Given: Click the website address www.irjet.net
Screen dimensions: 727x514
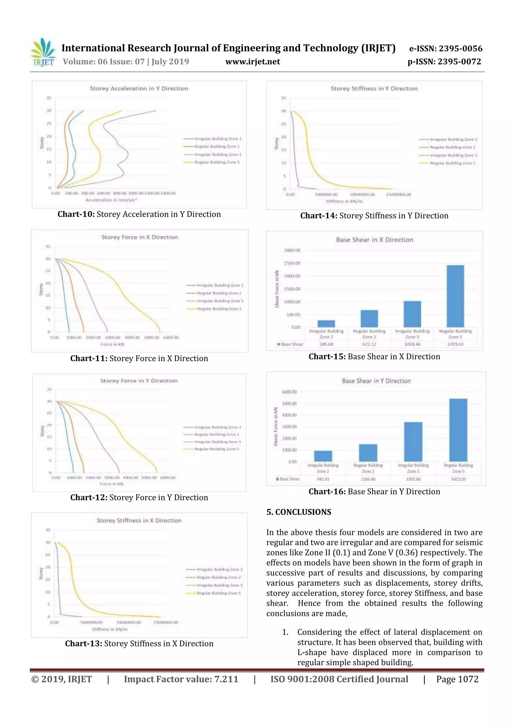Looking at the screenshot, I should (252, 62).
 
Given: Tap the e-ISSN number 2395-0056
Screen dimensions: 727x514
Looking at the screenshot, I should (460, 48).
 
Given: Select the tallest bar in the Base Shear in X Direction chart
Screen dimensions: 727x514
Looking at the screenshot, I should (455, 296).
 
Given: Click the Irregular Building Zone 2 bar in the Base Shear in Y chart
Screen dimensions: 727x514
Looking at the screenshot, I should (323, 456).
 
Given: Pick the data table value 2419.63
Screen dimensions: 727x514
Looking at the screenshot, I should (455, 344).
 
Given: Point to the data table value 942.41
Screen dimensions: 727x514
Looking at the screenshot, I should (323, 479).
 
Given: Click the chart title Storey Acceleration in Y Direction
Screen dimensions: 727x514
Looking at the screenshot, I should (139, 89).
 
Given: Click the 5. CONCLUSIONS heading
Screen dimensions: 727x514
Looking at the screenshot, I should (299, 512).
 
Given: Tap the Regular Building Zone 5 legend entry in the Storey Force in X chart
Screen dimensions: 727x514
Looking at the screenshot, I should (219, 309).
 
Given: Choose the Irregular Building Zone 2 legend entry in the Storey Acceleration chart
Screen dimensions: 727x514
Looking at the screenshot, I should (218, 139).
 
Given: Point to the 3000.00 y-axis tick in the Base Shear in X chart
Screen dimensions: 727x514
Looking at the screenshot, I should (292, 250).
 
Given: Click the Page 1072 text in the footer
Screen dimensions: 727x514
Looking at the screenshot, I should (457, 679).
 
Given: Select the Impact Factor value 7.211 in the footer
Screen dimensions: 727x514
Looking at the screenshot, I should (181, 679).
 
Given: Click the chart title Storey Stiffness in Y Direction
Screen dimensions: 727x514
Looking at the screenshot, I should (374, 89).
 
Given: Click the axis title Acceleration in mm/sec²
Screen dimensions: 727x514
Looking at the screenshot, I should (111, 200).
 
